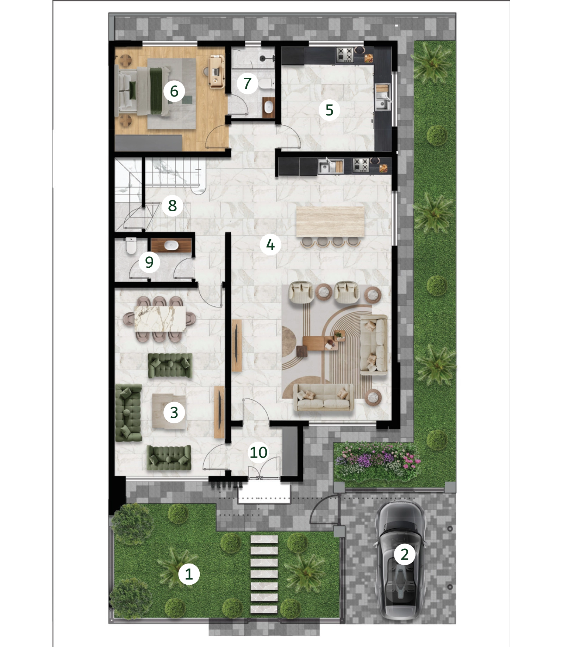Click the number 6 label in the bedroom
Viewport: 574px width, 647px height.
pyautogui.click(x=174, y=91)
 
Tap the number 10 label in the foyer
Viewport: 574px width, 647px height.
pyautogui.click(x=258, y=452)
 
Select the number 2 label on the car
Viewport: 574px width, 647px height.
pyautogui.click(x=405, y=554)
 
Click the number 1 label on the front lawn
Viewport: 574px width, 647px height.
pyautogui.click(x=189, y=574)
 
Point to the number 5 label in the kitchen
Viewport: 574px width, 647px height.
pyautogui.click(x=329, y=110)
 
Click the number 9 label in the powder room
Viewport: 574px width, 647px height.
pyautogui.click(x=149, y=262)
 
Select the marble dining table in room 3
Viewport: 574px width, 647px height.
pyautogui.click(x=160, y=318)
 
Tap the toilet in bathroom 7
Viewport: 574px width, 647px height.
pyautogui.click(x=266, y=84)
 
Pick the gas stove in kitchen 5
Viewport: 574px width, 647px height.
pyautogui.click(x=345, y=55)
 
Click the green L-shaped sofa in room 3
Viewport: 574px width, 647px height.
pyautogui.click(x=128, y=412)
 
